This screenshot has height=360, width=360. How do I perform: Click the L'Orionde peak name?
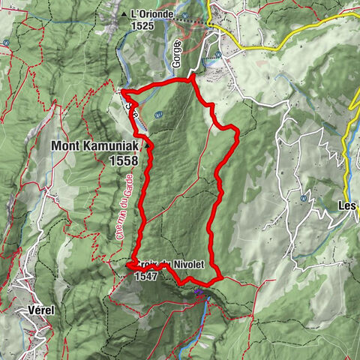click(x=152, y=13)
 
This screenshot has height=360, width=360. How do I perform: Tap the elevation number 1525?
click(x=143, y=25)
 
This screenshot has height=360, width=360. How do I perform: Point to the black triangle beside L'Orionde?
click(x=124, y=14)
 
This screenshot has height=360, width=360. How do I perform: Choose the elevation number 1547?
click(x=147, y=275)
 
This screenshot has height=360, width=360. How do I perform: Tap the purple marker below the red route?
click(x=199, y=292)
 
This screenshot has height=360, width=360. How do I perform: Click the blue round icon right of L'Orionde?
click(x=218, y=54)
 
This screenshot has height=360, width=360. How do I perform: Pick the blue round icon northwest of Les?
click(x=301, y=199)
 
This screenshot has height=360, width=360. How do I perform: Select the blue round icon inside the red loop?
click(x=159, y=115)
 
